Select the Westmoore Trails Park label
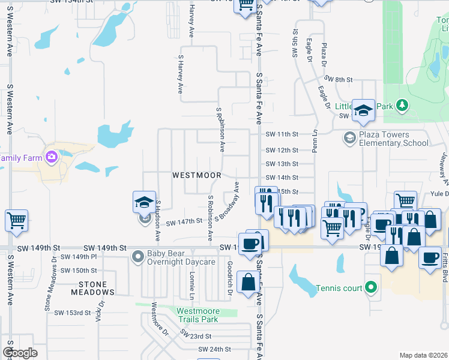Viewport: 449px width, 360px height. [197, 315]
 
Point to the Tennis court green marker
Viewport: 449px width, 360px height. [371, 288]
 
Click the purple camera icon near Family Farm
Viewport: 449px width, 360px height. [51, 157]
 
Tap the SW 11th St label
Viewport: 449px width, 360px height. [282, 134]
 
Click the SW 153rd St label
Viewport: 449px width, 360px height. [72, 313]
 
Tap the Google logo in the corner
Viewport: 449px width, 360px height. [20, 353]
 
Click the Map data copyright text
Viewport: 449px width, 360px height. [423, 355]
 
